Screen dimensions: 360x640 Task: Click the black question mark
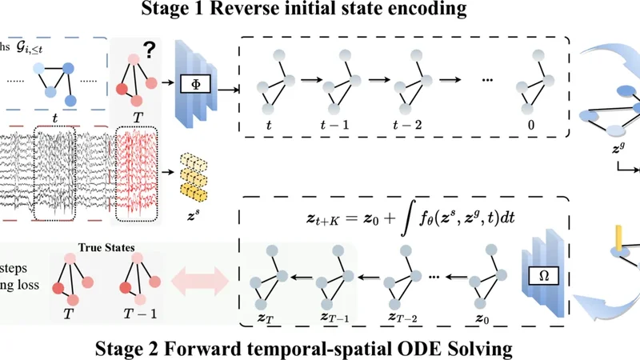[150, 50]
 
